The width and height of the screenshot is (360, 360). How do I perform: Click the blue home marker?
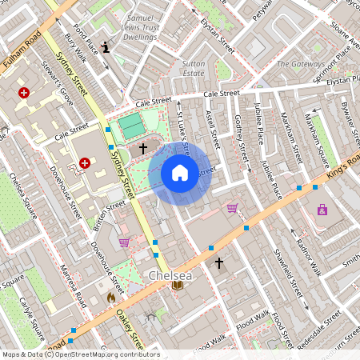point(180,173)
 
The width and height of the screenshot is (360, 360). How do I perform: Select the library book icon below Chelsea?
point(178,286)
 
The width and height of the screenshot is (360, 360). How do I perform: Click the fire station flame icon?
point(111,297)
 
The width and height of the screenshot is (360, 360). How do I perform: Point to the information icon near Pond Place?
point(106,47)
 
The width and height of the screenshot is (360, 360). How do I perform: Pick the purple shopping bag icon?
point(322,210)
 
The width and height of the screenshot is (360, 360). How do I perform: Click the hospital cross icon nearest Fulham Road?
point(24,93)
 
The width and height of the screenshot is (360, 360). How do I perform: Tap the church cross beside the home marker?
point(143,148)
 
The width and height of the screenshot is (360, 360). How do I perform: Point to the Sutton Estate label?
point(194,67)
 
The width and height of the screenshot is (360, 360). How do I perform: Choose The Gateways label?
point(300,63)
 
